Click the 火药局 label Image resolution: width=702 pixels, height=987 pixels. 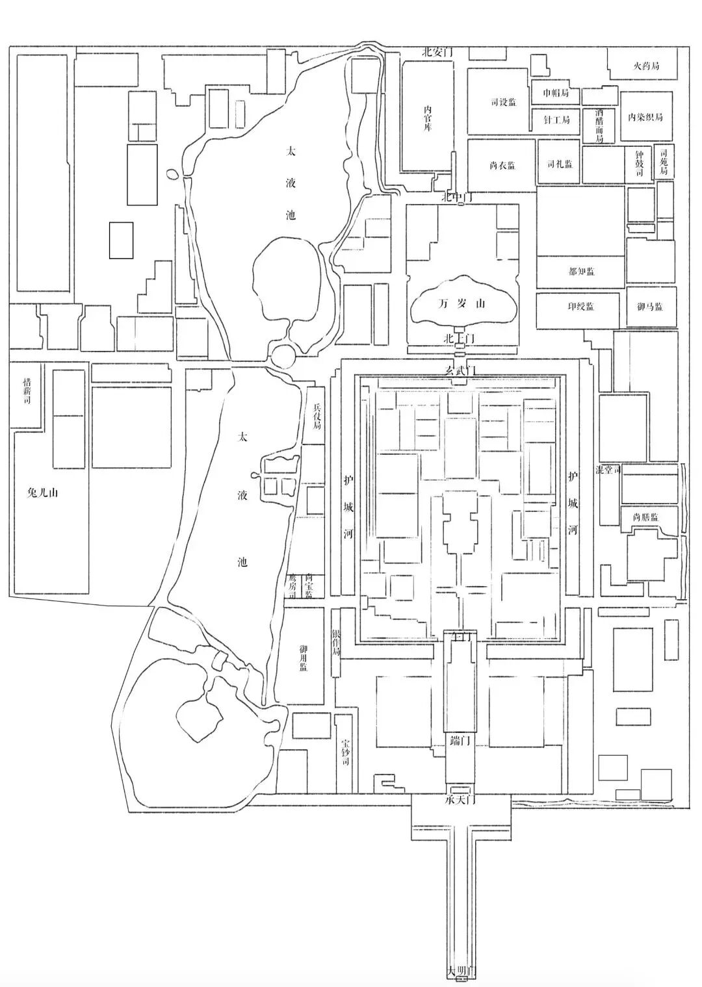tap(646, 66)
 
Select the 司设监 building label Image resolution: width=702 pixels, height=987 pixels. tap(503, 102)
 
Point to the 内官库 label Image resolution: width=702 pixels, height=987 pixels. tap(427, 118)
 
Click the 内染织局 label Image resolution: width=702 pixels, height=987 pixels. tap(645, 118)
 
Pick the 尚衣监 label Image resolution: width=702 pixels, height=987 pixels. tap(502, 166)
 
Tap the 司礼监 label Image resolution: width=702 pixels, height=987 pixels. tap(560, 164)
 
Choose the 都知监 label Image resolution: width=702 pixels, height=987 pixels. tap(581, 272)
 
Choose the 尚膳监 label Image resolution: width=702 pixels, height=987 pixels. tap(645, 517)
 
